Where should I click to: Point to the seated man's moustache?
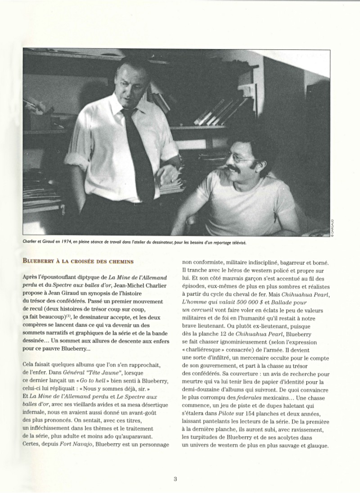pos(235,169)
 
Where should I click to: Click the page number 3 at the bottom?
pos(175,479)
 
